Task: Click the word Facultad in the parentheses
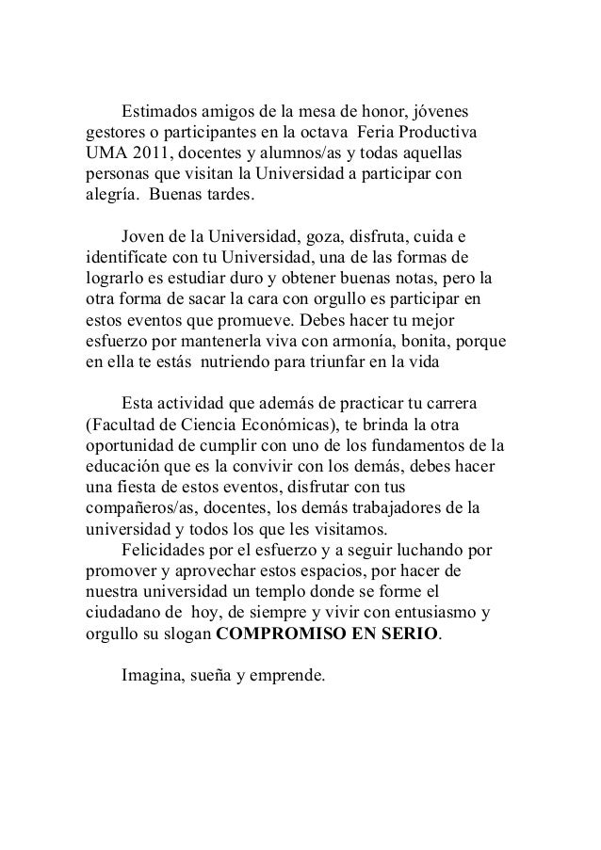pos(123,424)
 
